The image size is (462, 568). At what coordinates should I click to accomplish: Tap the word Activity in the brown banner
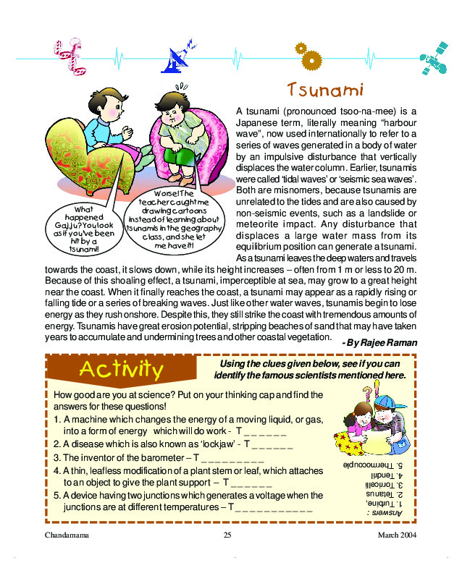pos(121,368)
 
